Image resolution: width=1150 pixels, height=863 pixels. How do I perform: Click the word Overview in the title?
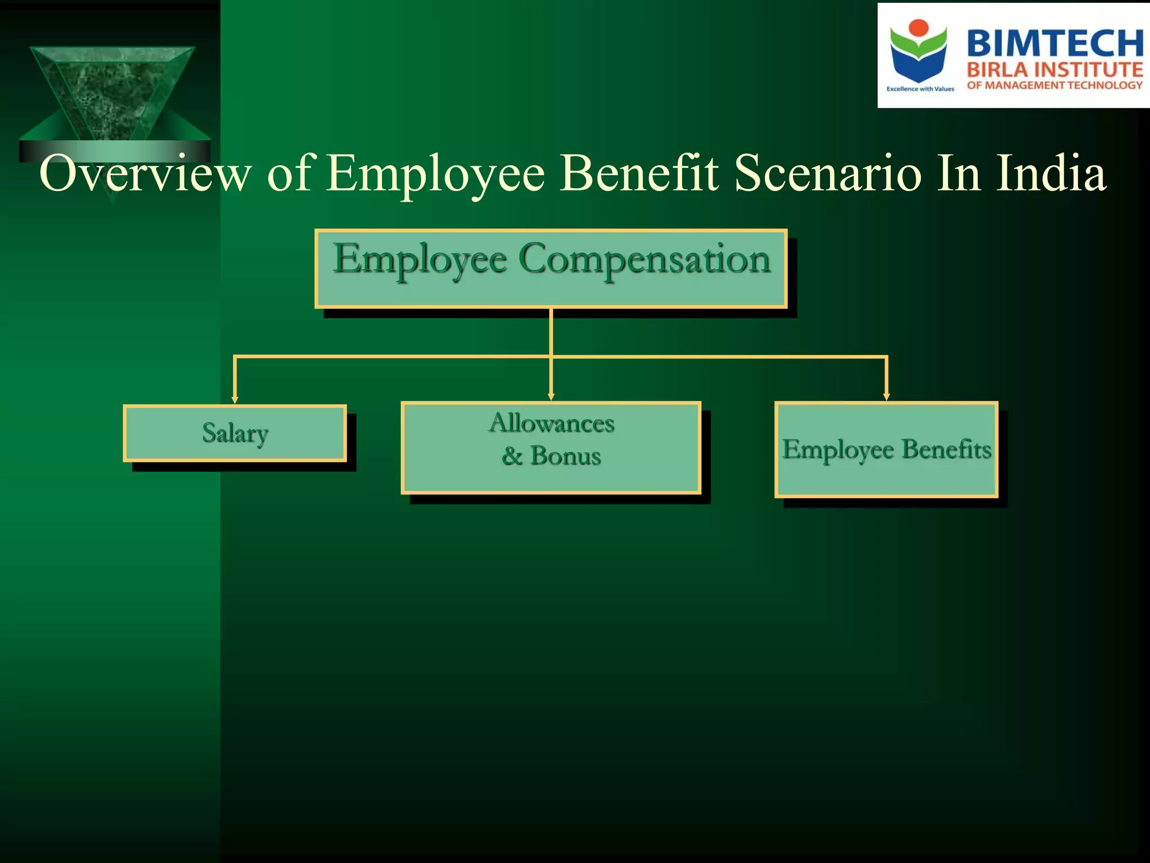click(x=145, y=173)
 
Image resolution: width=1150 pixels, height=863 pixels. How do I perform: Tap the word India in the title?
click(x=1050, y=173)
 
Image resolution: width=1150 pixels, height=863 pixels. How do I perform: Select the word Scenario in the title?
click(x=828, y=173)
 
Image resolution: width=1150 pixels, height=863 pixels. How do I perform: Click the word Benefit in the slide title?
click(x=640, y=173)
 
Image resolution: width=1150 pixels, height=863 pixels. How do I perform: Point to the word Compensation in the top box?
click(x=644, y=260)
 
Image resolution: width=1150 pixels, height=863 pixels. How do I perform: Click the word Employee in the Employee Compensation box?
click(x=420, y=260)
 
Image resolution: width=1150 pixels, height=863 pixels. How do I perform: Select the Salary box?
click(x=235, y=433)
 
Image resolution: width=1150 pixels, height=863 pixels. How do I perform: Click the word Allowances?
click(x=551, y=423)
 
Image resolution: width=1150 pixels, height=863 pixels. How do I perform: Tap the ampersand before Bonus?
click(x=512, y=456)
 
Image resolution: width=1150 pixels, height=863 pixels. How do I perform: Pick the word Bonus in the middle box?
click(x=565, y=456)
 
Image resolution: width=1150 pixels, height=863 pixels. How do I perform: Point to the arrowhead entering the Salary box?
click(x=235, y=399)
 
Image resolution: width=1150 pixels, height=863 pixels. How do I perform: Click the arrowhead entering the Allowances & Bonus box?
click(x=551, y=397)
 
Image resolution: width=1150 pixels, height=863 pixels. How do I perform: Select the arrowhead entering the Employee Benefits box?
click(x=886, y=397)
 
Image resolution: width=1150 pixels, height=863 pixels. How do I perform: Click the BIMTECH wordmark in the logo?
click(x=1055, y=43)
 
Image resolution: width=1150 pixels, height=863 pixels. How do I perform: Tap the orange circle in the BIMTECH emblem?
click(x=919, y=28)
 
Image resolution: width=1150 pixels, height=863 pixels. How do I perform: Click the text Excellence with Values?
click(x=920, y=89)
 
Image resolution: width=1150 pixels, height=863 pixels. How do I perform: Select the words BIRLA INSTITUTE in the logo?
click(x=1055, y=70)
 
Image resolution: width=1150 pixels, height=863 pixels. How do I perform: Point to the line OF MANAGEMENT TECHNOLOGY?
click(x=1055, y=85)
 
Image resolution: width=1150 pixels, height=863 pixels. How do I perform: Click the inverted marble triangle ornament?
click(x=112, y=93)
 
